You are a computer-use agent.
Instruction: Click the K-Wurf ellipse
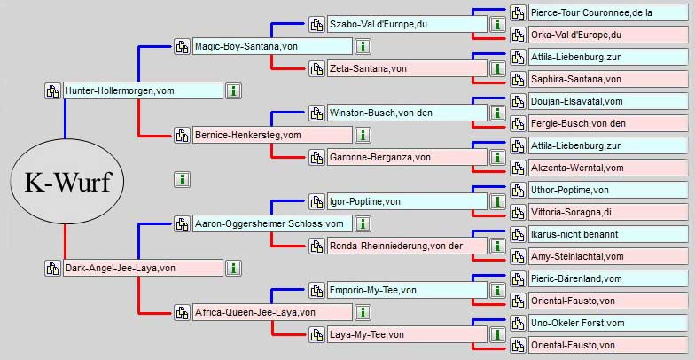coord(66,182)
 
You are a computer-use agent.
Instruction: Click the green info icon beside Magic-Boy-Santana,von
coord(363,46)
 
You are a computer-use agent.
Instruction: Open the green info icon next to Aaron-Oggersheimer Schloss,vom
coord(363,223)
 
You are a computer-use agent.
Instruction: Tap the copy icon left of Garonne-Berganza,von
coord(316,157)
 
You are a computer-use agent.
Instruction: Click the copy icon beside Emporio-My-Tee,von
coord(316,290)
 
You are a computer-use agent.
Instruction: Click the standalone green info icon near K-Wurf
coord(182,179)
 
